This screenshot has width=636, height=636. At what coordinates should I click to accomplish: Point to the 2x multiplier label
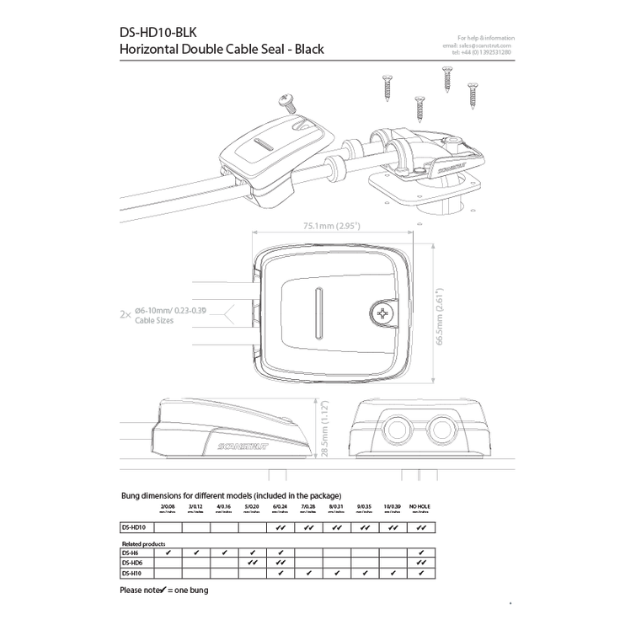coord(125,316)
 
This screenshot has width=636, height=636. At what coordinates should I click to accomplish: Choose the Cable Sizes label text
coord(148,322)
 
